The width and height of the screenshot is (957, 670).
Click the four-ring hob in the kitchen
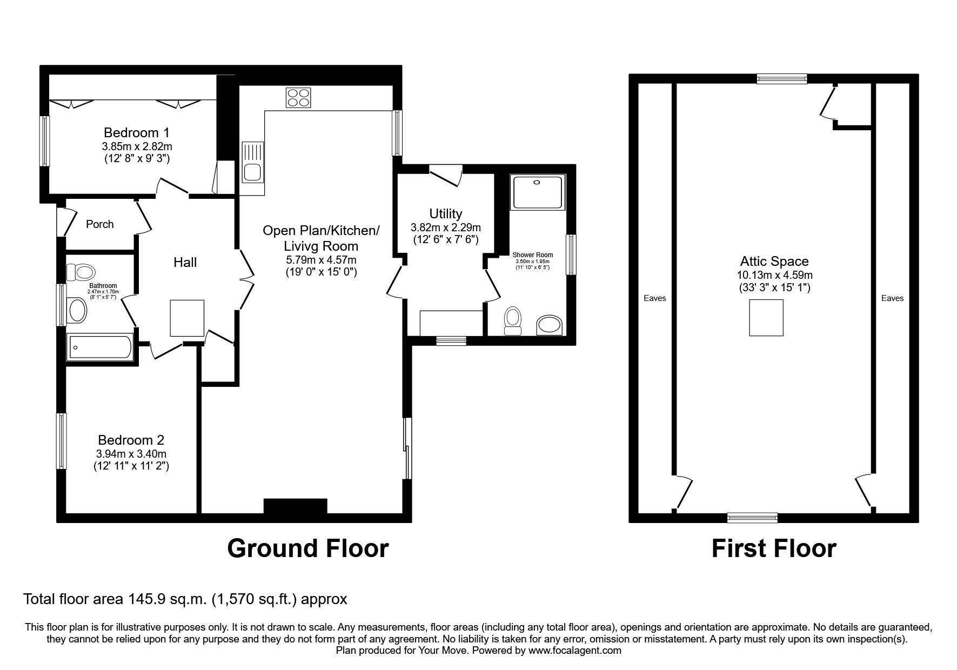click(299, 98)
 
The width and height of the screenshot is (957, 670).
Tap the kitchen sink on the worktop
click(252, 161)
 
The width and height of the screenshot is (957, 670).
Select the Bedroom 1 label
click(137, 132)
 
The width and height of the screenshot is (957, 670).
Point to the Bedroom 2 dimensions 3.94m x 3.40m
click(131, 454)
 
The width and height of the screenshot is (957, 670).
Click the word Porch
click(100, 224)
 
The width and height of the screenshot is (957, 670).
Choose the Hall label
click(185, 263)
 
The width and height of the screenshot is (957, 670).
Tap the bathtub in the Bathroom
click(99, 347)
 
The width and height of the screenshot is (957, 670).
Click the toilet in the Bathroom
click(80, 271)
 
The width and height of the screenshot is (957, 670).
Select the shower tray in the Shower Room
click(538, 191)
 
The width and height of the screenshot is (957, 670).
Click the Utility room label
click(446, 213)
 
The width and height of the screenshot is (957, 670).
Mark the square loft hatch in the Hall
click(188, 318)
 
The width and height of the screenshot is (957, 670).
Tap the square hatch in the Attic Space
click(766, 318)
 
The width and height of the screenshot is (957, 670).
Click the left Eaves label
click(655, 298)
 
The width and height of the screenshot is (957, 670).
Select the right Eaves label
click(892, 298)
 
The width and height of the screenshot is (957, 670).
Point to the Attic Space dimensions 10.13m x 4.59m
click(775, 276)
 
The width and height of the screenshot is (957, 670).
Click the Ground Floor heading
click(307, 548)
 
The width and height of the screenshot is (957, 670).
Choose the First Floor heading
click(774, 548)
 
